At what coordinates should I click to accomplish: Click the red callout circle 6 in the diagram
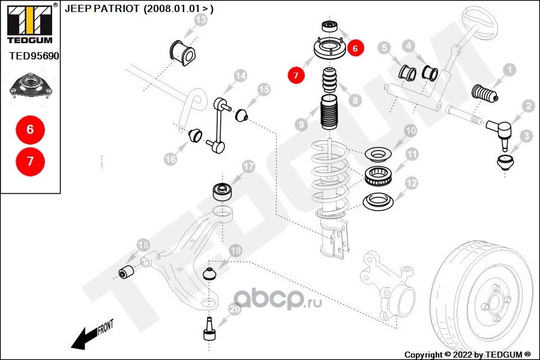(355, 49)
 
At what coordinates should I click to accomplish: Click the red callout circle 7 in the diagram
(296, 76)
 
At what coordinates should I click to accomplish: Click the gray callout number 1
(509, 70)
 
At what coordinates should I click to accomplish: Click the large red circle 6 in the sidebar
(30, 129)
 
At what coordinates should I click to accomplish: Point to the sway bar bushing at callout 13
(181, 50)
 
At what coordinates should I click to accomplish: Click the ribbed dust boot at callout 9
(328, 113)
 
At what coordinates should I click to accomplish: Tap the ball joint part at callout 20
(210, 329)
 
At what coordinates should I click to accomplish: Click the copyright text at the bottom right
(467, 354)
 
